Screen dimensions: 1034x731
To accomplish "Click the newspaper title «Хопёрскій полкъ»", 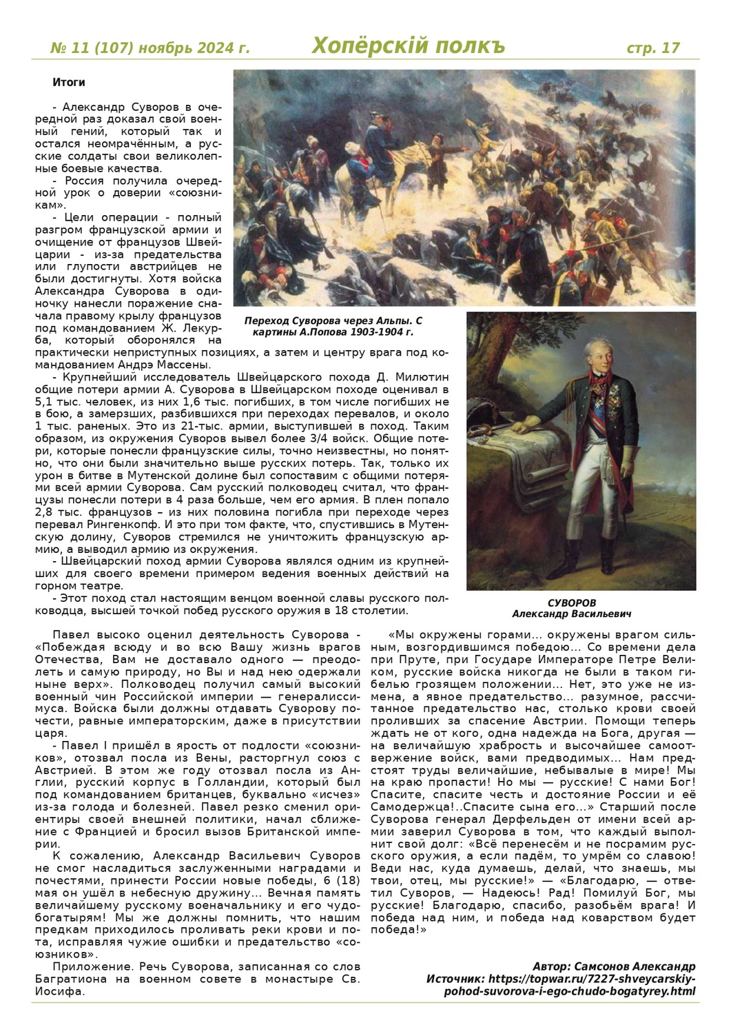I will pyautogui.click(x=408, y=45).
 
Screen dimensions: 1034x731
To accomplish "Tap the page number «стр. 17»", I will pyautogui.click(x=652, y=48).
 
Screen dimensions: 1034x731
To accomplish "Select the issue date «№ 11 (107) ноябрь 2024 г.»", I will pyautogui.click(x=150, y=48).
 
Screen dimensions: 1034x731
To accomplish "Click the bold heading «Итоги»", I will pyautogui.click(x=68, y=83).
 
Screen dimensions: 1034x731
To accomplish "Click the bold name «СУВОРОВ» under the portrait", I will pyautogui.click(x=572, y=602).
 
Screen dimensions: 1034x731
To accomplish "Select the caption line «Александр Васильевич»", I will pyautogui.click(x=571, y=614).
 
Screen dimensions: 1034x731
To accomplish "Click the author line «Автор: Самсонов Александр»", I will pyautogui.click(x=614, y=966).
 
